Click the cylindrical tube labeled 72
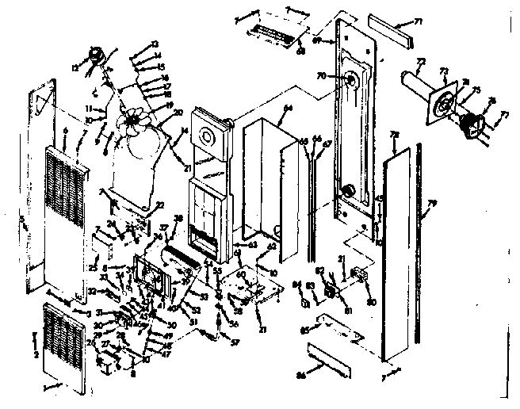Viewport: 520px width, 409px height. tap(414, 82)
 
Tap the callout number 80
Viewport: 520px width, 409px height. tap(372, 300)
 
